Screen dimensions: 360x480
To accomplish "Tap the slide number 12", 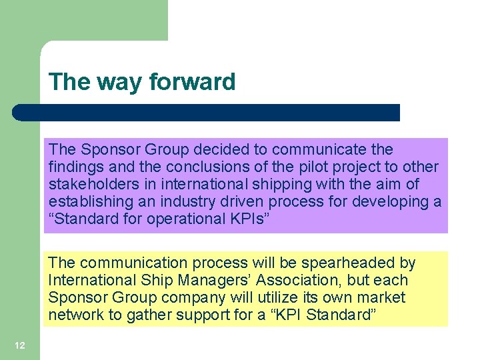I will click(x=20, y=345).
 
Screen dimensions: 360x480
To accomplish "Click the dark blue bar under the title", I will click(x=207, y=113).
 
